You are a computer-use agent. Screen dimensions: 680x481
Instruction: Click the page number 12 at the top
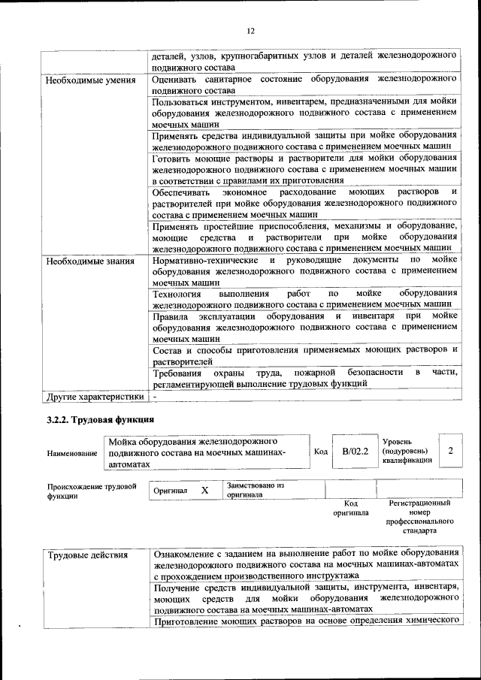(x=250, y=30)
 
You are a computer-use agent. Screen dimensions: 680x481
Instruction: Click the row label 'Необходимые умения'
(x=89, y=80)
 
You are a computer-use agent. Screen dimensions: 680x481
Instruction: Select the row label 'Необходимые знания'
(x=89, y=261)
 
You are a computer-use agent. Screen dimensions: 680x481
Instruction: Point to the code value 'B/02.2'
(x=355, y=451)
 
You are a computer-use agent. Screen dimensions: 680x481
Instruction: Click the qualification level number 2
(x=449, y=450)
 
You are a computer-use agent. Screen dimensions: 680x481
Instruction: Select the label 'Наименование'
(x=71, y=453)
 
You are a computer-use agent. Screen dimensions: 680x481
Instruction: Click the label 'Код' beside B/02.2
(x=320, y=451)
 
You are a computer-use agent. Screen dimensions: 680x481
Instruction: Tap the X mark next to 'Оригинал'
(x=204, y=490)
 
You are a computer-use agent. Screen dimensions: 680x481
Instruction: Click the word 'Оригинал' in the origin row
(x=170, y=490)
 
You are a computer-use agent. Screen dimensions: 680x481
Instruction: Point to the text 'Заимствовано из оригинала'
(x=255, y=491)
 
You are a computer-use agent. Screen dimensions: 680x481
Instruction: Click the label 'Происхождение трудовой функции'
(x=92, y=491)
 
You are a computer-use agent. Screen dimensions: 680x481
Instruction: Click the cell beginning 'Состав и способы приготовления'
(x=304, y=355)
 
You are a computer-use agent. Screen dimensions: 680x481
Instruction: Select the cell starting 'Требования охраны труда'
(x=304, y=378)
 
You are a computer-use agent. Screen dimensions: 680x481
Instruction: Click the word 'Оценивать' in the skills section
(x=175, y=79)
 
